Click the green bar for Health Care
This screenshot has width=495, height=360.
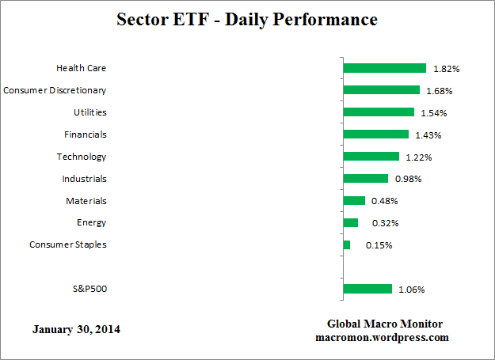tap(384, 68)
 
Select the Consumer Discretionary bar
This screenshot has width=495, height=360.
tap(381, 90)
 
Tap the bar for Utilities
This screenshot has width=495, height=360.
tap(379, 112)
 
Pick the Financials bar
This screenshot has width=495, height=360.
tap(375, 135)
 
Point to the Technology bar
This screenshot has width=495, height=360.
tap(371, 157)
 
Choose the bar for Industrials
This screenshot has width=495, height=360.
tap(365, 179)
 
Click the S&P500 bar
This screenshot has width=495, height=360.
tap(367, 289)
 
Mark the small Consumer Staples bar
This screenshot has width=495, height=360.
tap(347, 244)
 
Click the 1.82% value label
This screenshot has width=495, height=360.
tap(447, 69)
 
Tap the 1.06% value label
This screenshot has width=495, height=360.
tap(412, 290)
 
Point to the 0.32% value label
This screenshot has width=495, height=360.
tap(378, 223)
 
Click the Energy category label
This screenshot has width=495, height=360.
tap(92, 222)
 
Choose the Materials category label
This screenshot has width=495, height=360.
tap(86, 201)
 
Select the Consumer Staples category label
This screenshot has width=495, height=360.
tap(68, 244)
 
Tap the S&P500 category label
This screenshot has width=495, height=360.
tap(89, 289)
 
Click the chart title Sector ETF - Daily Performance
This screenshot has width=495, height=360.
tap(247, 18)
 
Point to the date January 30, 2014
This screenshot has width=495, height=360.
tap(77, 328)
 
